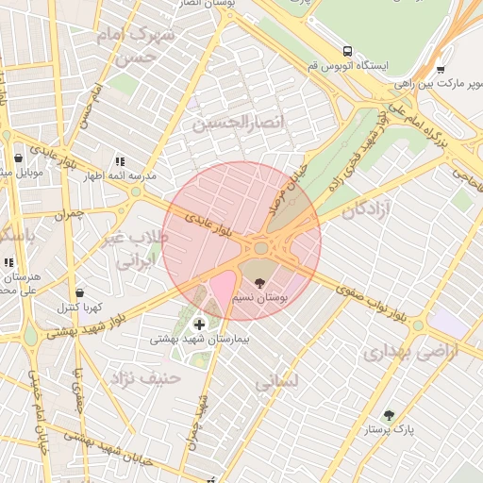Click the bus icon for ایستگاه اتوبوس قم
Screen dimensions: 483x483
pyautogui.click(x=348, y=51)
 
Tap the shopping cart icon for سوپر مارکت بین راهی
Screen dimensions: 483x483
pyautogui.click(x=441, y=69)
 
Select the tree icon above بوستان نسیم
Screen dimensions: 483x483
pyautogui.click(x=260, y=281)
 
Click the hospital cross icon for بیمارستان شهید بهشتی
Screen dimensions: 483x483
pyautogui.click(x=198, y=325)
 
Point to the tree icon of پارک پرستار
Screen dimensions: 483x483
pyautogui.click(x=388, y=415)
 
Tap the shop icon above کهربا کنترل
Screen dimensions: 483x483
pyautogui.click(x=78, y=293)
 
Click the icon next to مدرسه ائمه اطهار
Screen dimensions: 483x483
pyautogui.click(x=119, y=162)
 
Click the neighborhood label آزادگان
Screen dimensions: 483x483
pyautogui.click(x=365, y=209)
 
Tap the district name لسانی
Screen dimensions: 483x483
pyautogui.click(x=276, y=382)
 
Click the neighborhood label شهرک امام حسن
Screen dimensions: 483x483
pyautogui.click(x=138, y=43)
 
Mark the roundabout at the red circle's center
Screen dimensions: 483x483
pyautogui.click(x=260, y=248)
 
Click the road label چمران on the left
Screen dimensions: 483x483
pyautogui.click(x=69, y=214)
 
